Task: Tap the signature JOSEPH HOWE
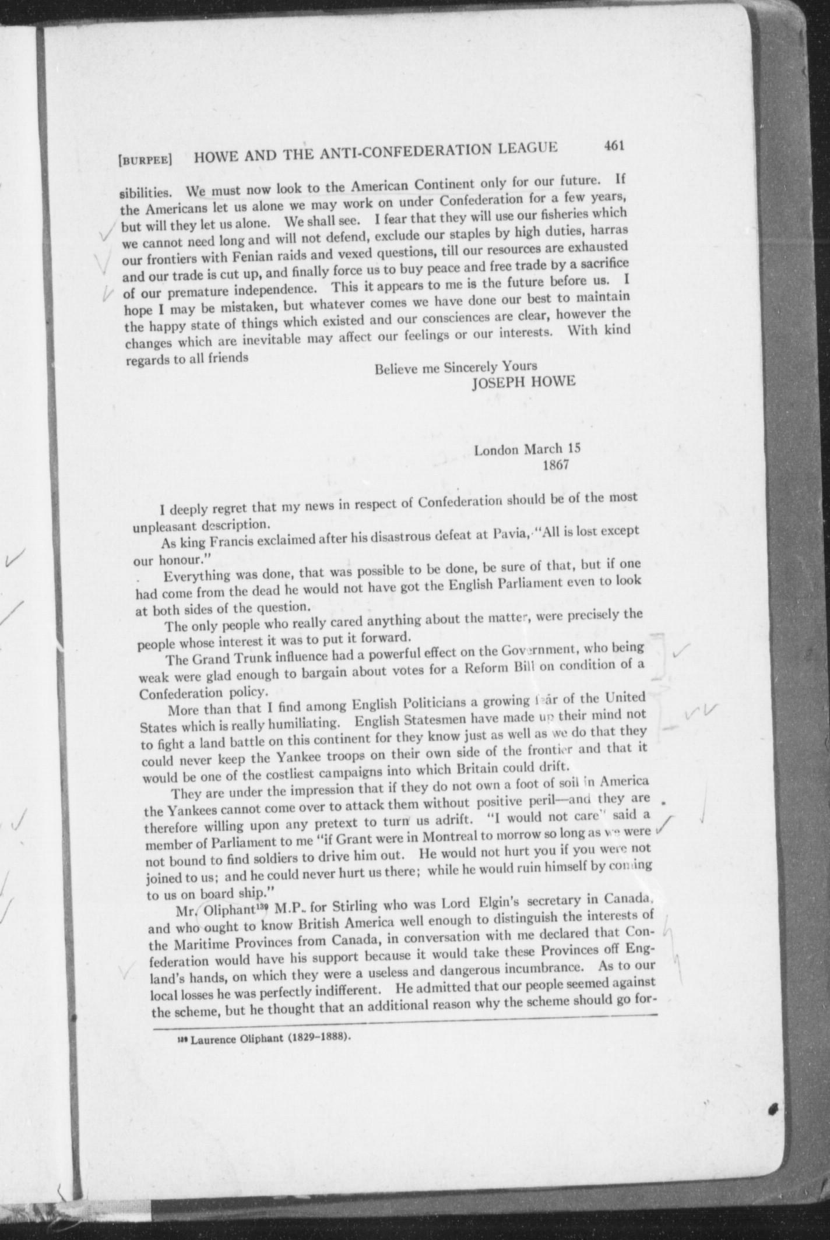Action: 523,382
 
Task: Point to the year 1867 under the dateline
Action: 555,465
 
